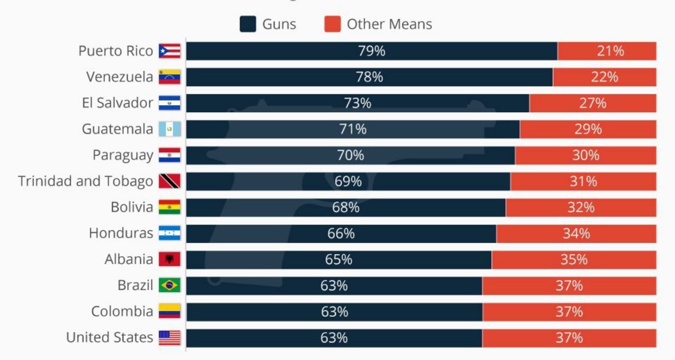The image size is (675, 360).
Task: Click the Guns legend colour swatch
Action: tap(248, 24)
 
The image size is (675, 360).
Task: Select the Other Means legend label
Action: tap(389, 24)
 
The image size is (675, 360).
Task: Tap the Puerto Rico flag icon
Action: tap(169, 51)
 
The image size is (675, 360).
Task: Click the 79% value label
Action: tap(371, 51)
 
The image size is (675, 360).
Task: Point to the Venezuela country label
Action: tap(120, 77)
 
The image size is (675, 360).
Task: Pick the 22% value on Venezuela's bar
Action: tap(604, 77)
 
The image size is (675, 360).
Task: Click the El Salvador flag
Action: tap(169, 103)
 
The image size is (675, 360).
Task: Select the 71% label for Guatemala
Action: tap(353, 129)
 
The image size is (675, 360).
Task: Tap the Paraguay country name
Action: tap(123, 155)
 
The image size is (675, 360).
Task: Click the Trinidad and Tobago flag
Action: tap(169, 181)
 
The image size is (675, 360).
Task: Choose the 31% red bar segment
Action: tap(583, 181)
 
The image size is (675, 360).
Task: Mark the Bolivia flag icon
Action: tap(169, 207)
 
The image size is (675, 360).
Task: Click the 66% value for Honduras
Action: tap(341, 233)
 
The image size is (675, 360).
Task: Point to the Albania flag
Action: tap(169, 259)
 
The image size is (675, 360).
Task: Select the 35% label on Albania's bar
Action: tap(574, 259)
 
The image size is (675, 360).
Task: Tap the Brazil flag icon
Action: tap(169, 285)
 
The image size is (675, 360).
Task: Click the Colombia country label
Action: tap(122, 312)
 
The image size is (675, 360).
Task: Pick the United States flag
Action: tap(169, 337)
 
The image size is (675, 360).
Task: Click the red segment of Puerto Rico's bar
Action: tap(606, 51)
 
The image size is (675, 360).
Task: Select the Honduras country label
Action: tap(121, 233)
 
